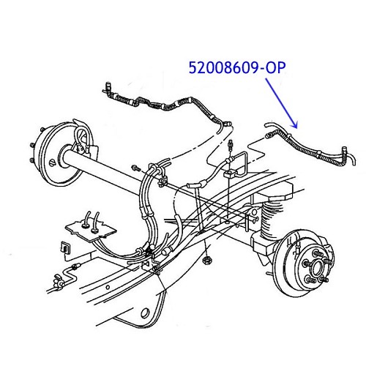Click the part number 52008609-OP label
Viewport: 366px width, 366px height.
tap(237, 67)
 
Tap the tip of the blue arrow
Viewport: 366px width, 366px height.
tap(297, 128)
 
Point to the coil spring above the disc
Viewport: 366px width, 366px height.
tap(272, 217)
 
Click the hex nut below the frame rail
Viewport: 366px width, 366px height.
tap(207, 260)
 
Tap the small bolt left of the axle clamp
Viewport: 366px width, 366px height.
tap(135, 168)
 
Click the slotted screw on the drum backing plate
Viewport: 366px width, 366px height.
tap(53, 163)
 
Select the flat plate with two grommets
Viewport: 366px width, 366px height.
tap(91, 229)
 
